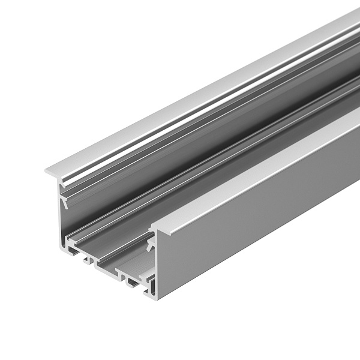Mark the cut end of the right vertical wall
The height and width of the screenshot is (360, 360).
pos(155,264)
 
